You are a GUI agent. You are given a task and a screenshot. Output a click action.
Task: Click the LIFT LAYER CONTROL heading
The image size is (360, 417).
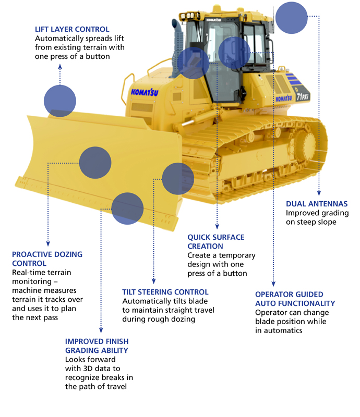point(72,29)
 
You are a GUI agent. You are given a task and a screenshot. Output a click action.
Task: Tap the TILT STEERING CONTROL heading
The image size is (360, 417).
point(165,292)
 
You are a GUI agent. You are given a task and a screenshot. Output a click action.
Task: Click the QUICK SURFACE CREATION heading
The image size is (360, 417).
point(216,242)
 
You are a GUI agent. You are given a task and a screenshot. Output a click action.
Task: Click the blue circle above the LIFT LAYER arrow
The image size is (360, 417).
point(60,101)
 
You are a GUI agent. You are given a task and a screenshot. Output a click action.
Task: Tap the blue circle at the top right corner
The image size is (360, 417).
point(291,17)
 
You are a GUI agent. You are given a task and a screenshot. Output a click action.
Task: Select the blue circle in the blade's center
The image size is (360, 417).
point(95,162)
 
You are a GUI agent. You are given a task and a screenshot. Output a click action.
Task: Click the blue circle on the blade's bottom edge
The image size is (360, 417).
point(127,208)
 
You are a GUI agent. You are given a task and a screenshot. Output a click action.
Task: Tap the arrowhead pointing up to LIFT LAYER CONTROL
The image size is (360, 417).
point(60,66)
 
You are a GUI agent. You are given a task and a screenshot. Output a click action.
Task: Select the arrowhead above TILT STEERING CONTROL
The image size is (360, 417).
point(153,280)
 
